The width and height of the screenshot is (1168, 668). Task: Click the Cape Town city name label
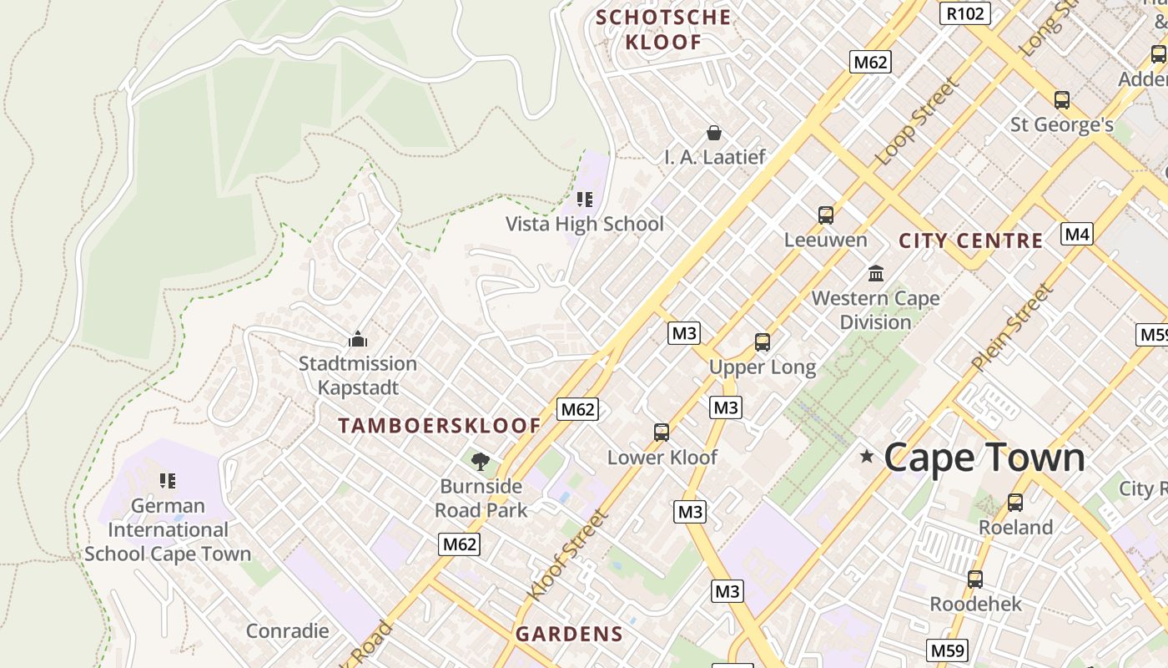point(984,458)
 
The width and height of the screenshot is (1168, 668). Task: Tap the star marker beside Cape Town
point(867,456)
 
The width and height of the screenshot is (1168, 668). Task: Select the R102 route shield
point(964,13)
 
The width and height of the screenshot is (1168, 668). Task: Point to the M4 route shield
point(1076,234)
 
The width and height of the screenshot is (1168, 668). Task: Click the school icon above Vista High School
point(585,200)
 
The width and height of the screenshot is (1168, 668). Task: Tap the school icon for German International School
point(168,481)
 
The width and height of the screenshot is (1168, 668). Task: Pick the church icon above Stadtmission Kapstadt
point(358,339)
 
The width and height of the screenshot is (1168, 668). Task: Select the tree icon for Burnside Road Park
point(481,462)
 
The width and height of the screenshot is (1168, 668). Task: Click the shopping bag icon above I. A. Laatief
point(714,133)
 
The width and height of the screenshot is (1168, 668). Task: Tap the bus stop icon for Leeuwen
point(826,215)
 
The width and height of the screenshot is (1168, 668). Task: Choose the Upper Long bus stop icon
point(762,342)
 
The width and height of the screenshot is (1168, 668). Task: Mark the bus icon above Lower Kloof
point(662,433)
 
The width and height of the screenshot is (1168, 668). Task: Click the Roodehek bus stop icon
point(974,579)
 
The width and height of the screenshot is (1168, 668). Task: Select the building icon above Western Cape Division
point(876,273)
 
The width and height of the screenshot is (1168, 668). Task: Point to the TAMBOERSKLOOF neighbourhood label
point(440,426)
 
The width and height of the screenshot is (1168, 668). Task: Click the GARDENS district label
point(569,634)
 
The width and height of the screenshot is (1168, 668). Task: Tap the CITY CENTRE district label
point(970,241)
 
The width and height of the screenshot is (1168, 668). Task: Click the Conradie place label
point(288,630)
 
